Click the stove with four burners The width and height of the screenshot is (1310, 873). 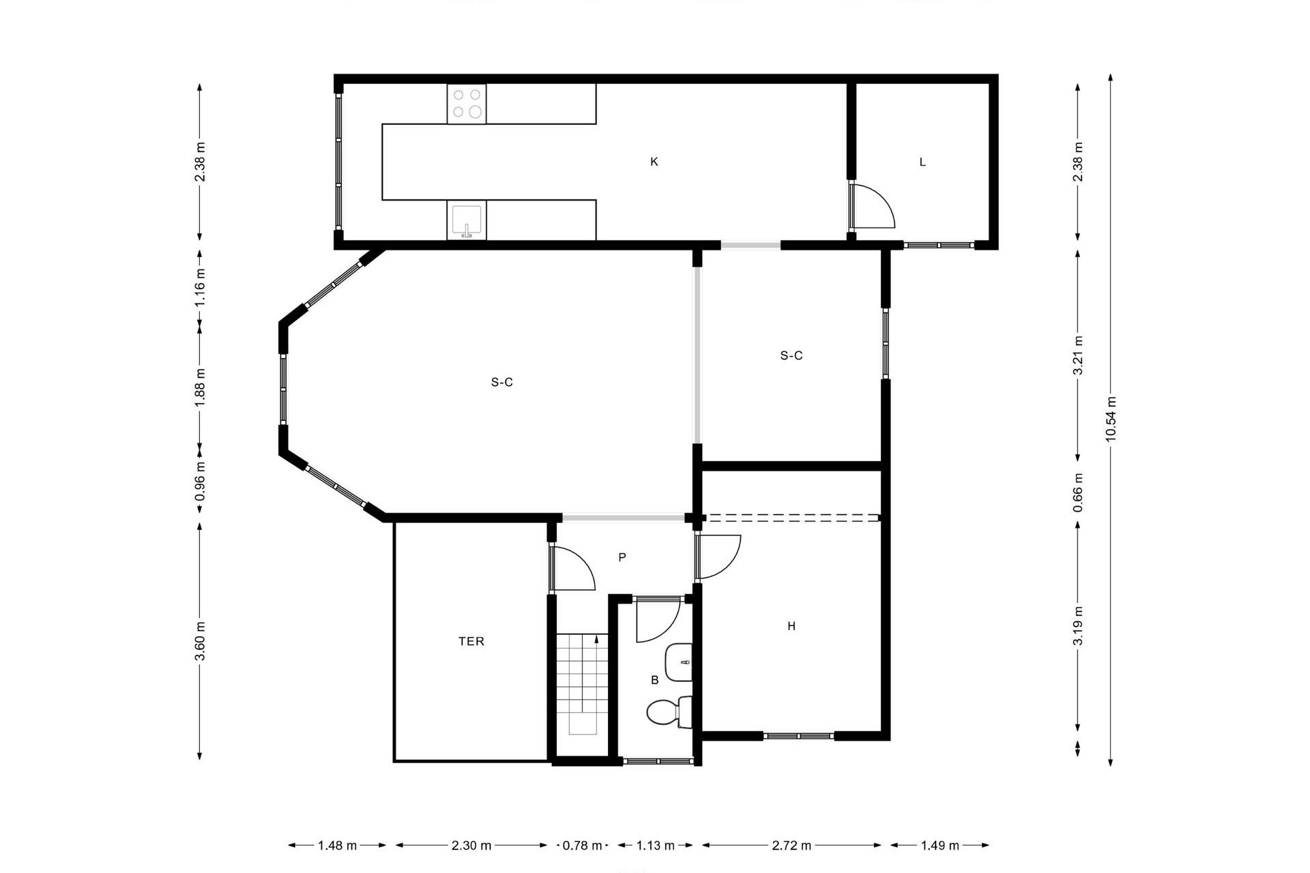pyautogui.click(x=467, y=104)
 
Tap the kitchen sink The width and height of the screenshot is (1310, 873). pyautogui.click(x=467, y=220)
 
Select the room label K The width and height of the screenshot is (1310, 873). pyautogui.click(x=654, y=162)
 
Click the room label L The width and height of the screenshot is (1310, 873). pyautogui.click(x=922, y=162)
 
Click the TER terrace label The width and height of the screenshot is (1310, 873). pyautogui.click(x=471, y=641)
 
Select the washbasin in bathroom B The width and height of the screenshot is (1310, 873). pyautogui.click(x=679, y=662)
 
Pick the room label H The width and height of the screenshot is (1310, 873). pyautogui.click(x=791, y=626)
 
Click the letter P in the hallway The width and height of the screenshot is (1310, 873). pyautogui.click(x=622, y=557)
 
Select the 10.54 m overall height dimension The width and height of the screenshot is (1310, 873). pyautogui.click(x=1110, y=419)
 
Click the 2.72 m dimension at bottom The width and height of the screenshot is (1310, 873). pyautogui.click(x=791, y=846)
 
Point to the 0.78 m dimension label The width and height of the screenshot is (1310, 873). pyautogui.click(x=582, y=846)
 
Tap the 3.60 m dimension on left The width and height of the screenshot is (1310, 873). pyautogui.click(x=199, y=641)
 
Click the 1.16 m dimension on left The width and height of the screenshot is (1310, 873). pyautogui.click(x=199, y=286)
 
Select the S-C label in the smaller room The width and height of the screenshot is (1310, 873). pyautogui.click(x=791, y=355)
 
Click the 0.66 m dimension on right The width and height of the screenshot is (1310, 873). pyautogui.click(x=1077, y=492)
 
